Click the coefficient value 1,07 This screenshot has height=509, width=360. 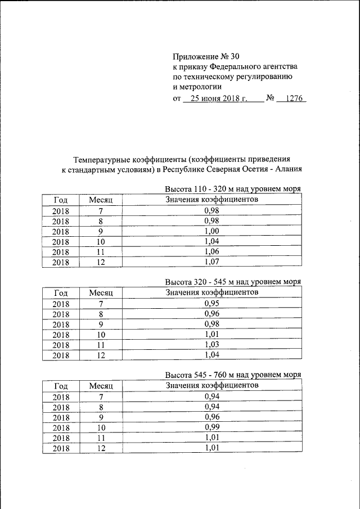(x=211, y=262)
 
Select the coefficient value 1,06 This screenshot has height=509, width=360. (x=211, y=251)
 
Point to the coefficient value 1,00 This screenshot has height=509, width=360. (x=211, y=231)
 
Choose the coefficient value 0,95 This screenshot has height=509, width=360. (x=211, y=303)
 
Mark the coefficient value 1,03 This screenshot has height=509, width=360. (x=211, y=344)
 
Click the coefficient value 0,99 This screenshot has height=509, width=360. (x=211, y=427)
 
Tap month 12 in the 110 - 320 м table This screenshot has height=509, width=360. (x=101, y=262)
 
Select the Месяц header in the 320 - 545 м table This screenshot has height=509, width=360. (x=101, y=293)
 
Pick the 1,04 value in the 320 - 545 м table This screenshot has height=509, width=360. (x=211, y=354)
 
